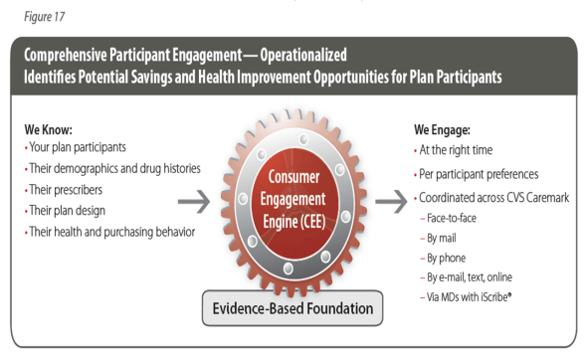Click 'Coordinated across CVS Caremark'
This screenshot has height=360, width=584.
click(494, 198)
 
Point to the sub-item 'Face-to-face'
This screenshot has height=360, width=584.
click(454, 217)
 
